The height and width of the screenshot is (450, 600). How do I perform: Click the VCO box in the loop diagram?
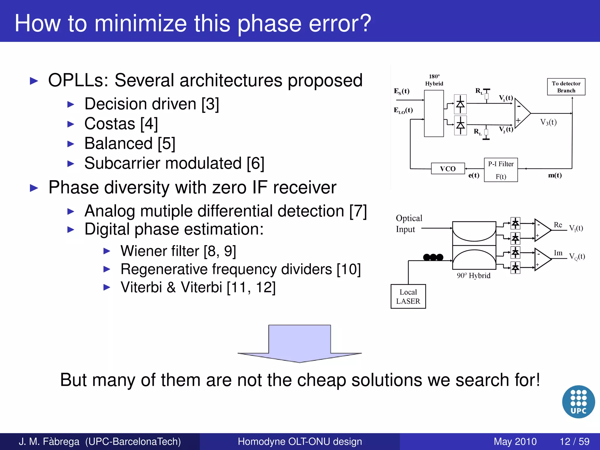click(448, 169)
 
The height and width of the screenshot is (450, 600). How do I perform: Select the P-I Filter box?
click(501, 170)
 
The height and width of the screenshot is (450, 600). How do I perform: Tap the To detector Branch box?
click(566, 87)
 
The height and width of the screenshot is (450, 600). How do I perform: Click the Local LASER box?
click(408, 296)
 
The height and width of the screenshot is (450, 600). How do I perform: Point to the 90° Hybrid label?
click(473, 276)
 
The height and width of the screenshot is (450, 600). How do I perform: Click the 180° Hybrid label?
click(434, 80)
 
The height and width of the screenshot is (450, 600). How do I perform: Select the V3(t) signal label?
click(548, 122)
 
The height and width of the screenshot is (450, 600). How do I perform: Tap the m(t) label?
click(555, 175)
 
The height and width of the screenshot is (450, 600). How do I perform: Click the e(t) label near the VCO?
click(474, 175)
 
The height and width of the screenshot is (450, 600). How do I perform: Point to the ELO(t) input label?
click(403, 110)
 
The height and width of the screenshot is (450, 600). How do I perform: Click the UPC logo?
click(578, 402)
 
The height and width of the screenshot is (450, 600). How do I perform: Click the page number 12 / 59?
click(574, 442)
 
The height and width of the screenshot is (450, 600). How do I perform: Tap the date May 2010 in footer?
click(515, 442)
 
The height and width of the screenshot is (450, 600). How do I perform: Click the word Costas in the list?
click(110, 124)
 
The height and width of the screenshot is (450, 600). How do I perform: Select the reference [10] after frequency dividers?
click(349, 269)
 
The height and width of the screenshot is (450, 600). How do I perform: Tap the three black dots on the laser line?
click(433, 257)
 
